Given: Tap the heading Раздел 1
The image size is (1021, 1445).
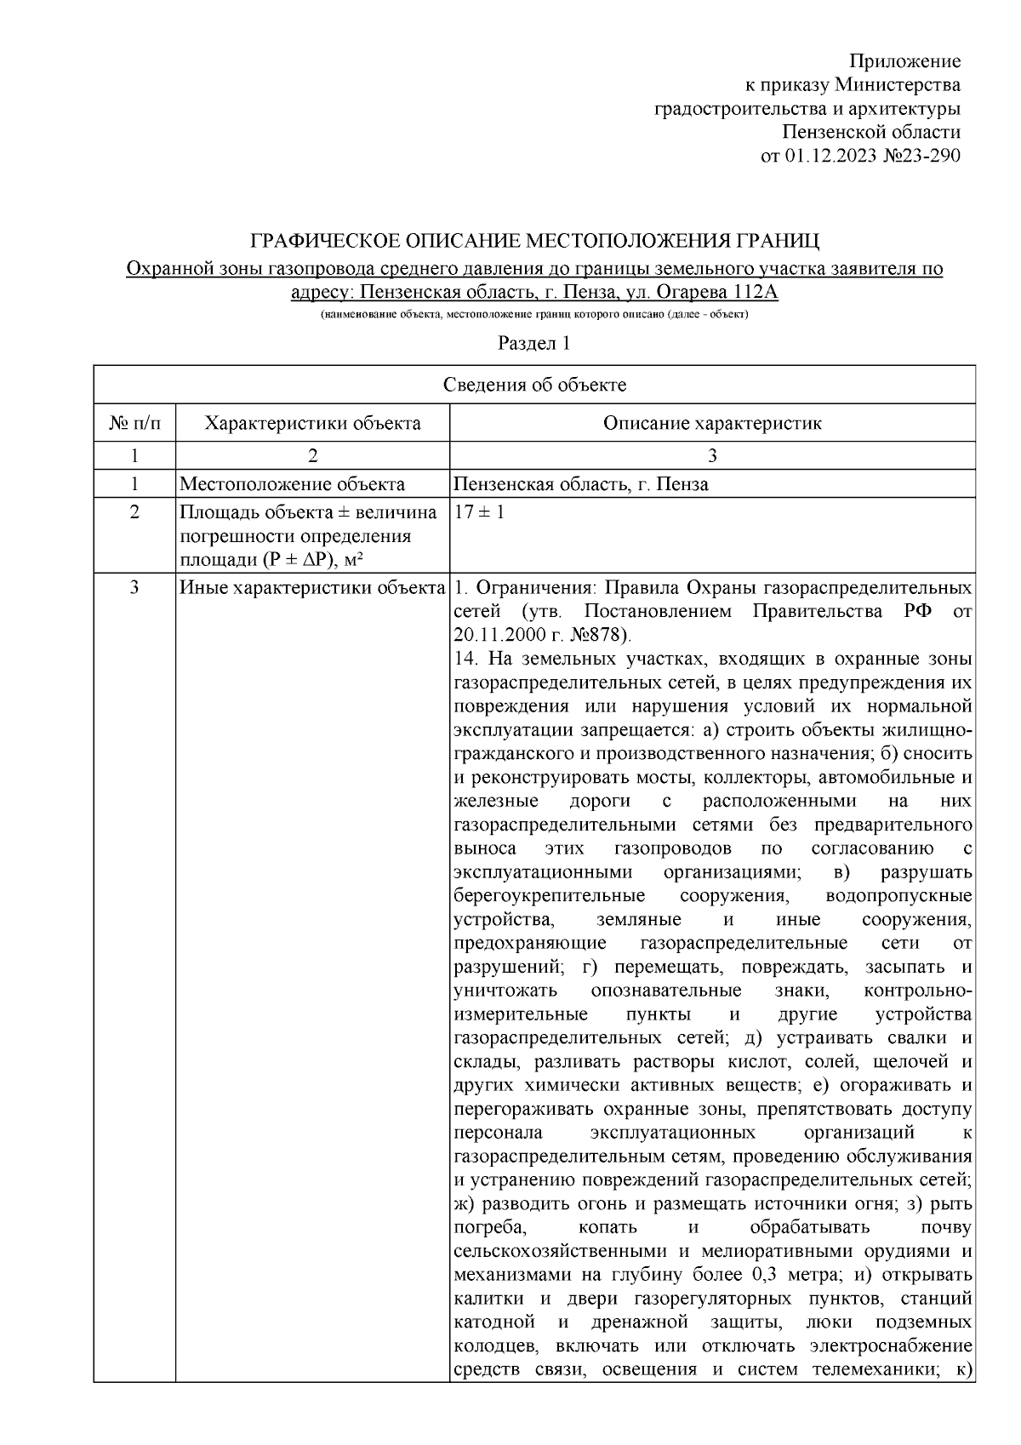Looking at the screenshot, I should (533, 344).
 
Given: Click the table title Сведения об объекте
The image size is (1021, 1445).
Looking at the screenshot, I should (534, 385).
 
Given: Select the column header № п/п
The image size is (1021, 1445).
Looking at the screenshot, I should (134, 423).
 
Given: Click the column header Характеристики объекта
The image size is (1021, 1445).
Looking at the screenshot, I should (312, 423).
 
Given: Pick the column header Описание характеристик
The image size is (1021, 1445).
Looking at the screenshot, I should (711, 423).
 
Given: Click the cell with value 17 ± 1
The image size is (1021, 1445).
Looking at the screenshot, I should (480, 513).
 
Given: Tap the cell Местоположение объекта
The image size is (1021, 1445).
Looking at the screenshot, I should (292, 484).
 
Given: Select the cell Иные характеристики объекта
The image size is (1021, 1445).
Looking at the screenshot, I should (312, 588).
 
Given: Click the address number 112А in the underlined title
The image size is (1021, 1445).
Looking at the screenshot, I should (750, 293).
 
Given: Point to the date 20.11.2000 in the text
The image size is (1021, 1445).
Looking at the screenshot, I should (496, 636).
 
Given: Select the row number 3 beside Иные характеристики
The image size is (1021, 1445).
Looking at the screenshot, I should (134, 588).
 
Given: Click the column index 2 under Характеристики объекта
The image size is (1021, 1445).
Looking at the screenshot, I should (312, 455).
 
